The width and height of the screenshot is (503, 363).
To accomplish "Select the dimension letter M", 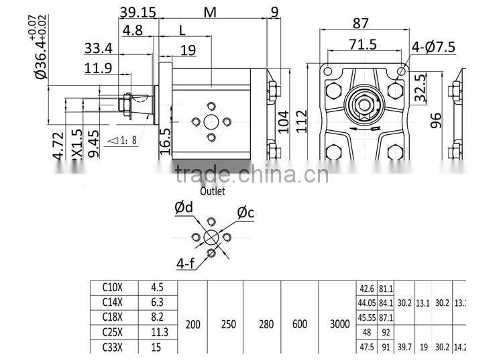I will coord(210,12).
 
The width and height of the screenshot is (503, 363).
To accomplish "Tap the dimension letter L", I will coord(182,30).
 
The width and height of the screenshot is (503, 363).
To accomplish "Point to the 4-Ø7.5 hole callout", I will coord(433,46).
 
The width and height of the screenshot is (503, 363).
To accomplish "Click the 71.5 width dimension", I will coord(362,44).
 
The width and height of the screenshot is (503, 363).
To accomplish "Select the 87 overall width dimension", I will coord(360,23).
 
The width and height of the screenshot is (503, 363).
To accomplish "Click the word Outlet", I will coord(212,191).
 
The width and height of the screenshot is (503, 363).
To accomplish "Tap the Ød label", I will coord(184,208).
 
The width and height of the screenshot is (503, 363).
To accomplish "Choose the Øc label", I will coord(245,213).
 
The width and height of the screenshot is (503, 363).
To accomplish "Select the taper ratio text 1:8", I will coord(126,140).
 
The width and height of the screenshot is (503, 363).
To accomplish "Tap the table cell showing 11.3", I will coord(158,331).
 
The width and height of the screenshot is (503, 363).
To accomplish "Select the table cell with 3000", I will coord(340,324).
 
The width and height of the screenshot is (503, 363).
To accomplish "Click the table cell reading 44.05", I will coord(366,303).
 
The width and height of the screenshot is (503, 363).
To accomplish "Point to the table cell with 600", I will coord(300,324).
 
